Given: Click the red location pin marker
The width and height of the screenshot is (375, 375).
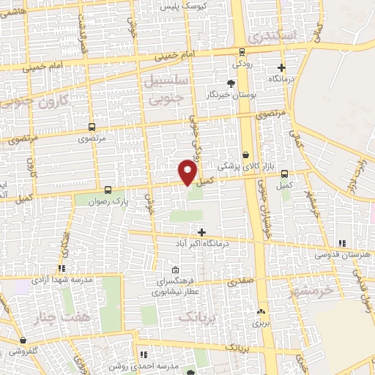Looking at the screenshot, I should click(187, 172).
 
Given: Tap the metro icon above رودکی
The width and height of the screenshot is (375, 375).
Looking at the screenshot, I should click(242, 51).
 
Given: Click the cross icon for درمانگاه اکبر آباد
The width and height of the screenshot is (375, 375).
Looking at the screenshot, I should click(202, 231).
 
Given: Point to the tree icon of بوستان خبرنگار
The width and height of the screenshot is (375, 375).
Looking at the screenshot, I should click(231, 83).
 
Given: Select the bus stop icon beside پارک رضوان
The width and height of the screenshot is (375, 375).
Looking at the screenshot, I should click(107, 188).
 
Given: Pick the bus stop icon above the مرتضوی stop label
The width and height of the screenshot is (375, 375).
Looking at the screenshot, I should click(91, 126).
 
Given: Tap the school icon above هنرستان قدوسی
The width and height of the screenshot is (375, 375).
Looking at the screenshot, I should click(341, 243).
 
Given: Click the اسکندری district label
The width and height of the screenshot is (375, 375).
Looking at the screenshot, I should click(272, 35).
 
